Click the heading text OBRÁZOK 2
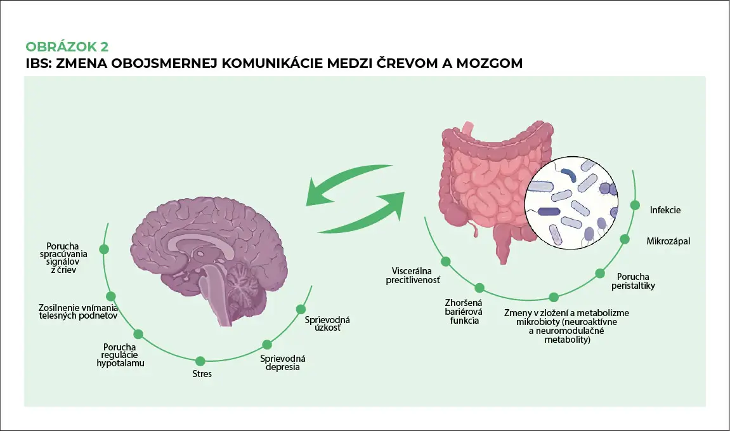67,47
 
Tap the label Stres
202,374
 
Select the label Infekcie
665,209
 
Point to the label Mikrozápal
668,241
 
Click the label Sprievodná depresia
280,362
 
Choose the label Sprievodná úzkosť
327,324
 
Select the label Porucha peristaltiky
635,281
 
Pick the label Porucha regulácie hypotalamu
121,355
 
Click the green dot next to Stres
200,361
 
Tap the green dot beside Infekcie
634,204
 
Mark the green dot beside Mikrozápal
624,239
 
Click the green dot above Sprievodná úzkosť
301,309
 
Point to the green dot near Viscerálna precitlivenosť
446,261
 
